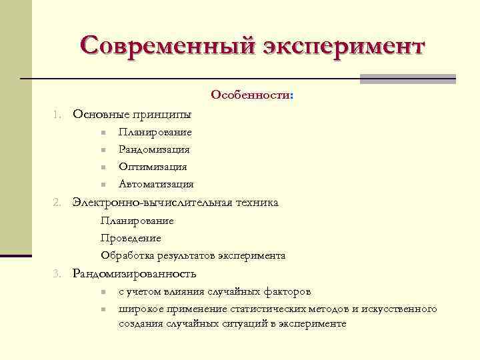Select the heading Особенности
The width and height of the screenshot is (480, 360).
click(x=251, y=95)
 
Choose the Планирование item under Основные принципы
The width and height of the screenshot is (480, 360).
click(x=155, y=132)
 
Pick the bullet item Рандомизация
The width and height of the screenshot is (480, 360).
click(x=154, y=149)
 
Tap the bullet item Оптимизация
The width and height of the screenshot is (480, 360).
click(x=153, y=167)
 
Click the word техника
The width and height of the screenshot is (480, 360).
click(x=256, y=202)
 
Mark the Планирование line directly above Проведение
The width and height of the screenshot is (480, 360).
click(x=137, y=221)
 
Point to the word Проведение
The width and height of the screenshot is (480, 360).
click(x=131, y=238)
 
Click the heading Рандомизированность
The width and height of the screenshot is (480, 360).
click(x=134, y=273)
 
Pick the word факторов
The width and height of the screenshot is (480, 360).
click(x=287, y=291)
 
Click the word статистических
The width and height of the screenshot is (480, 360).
click(x=266, y=309)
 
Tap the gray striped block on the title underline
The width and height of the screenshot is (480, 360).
click(x=407, y=79)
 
